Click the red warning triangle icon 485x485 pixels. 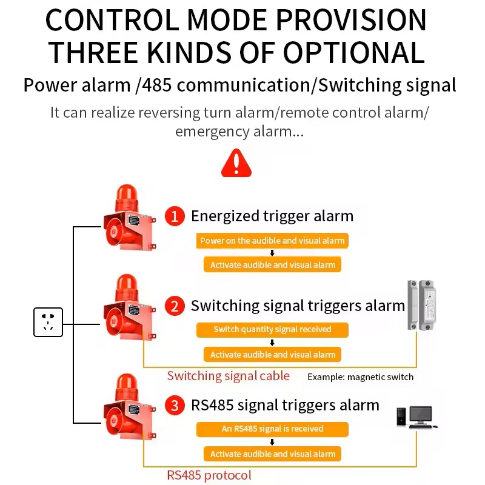click(x=236, y=163)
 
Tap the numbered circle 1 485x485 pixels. click(x=175, y=216)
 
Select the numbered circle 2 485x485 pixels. click(x=175, y=306)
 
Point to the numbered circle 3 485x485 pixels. click(x=175, y=405)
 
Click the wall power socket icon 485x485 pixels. click(x=48, y=321)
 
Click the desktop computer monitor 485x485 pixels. click(x=420, y=415)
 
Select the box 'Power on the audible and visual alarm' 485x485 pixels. click(x=272, y=241)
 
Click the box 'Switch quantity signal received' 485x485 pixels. click(x=272, y=330)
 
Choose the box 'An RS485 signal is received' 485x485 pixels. click(x=272, y=429)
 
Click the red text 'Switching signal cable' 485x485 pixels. click(x=229, y=376)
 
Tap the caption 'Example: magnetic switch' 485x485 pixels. click(x=360, y=377)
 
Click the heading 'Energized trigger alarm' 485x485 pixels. click(x=272, y=216)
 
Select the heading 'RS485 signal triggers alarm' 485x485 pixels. click(x=285, y=405)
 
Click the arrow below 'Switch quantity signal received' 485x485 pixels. click(x=272, y=343)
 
